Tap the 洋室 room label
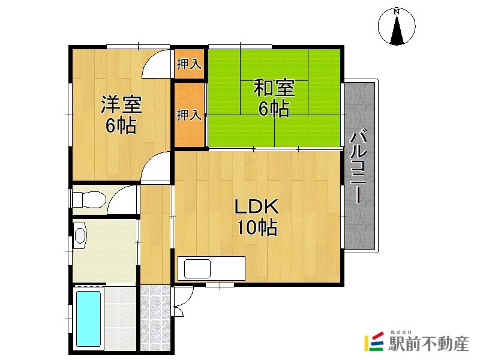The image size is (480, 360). tap(121, 104)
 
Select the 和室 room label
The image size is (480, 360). tap(274, 88)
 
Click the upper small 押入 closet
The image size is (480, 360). tap(189, 64)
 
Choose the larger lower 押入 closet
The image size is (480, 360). tap(189, 115)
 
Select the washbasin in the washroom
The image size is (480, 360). tap(80, 235)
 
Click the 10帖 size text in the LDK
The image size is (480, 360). tap(256, 227)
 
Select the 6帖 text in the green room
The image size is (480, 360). tap(274, 109)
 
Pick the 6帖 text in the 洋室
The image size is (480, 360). tap(121, 126)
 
